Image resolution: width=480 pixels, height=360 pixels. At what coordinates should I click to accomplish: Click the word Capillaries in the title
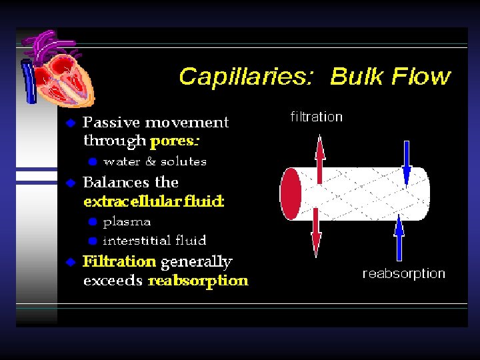tap(244, 77)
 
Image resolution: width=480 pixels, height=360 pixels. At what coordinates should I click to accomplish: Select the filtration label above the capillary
tap(316, 117)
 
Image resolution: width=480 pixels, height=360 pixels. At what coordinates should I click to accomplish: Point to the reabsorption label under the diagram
tap(403, 273)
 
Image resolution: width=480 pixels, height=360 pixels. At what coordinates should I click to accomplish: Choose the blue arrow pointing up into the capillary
tap(399, 237)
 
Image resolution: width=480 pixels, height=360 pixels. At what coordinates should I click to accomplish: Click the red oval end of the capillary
tap(291, 194)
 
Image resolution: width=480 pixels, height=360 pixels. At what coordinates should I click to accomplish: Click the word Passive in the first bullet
tap(111, 123)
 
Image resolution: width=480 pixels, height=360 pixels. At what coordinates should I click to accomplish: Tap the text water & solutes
tap(155, 161)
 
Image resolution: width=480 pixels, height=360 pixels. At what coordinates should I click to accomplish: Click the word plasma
tap(127, 221)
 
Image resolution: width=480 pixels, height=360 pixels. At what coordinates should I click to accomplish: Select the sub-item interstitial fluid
tap(154, 240)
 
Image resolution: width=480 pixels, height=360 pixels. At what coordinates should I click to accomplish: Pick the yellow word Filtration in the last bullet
tap(119, 261)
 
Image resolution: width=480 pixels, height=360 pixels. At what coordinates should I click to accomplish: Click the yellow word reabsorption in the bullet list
tap(198, 281)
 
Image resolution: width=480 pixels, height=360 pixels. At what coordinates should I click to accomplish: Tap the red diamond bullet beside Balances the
tap(70, 183)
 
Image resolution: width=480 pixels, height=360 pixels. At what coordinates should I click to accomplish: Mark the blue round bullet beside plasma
tap(93, 222)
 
